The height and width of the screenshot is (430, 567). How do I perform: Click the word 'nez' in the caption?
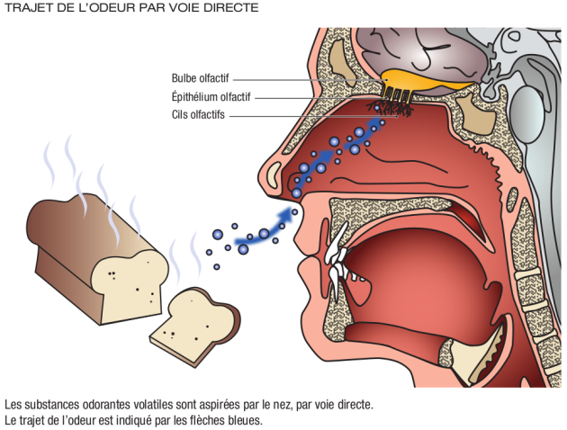(293, 405)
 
